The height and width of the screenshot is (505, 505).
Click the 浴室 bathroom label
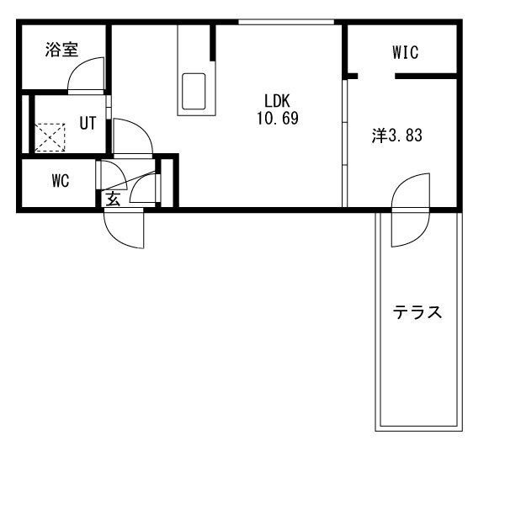(x=61, y=50)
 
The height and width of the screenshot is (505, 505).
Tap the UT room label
(x=88, y=123)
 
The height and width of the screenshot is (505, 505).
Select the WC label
(x=61, y=181)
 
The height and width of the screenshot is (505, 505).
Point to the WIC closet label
(x=405, y=52)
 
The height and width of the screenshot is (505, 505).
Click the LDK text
(x=277, y=101)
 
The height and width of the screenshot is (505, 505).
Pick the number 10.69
(x=278, y=118)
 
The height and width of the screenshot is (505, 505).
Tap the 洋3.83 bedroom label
(x=396, y=136)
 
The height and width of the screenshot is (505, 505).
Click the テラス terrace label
(x=417, y=312)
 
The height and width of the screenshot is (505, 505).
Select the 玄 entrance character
(x=113, y=199)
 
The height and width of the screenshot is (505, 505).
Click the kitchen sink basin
(x=194, y=92)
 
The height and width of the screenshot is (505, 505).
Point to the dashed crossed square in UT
(x=50, y=137)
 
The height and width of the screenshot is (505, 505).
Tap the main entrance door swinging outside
(x=124, y=228)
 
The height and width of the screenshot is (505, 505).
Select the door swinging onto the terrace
(x=411, y=210)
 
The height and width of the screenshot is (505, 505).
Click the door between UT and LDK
(x=132, y=137)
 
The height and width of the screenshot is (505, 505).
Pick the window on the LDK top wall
(x=286, y=22)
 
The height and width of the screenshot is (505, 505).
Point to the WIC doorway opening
(x=376, y=77)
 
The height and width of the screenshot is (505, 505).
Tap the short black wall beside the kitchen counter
(x=213, y=43)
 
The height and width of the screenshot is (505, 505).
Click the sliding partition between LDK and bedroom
(x=344, y=143)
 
